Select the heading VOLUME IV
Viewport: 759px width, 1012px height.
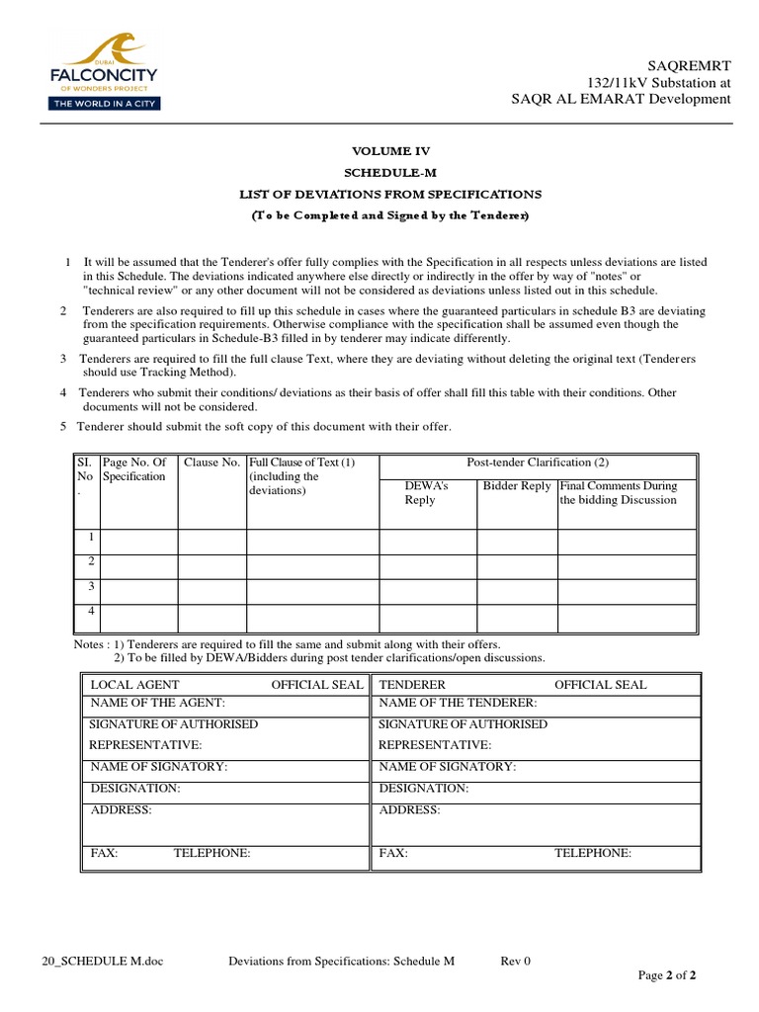pos(392,151)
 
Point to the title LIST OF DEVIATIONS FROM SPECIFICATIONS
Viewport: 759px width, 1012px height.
pos(392,194)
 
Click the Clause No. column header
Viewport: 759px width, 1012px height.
pos(212,463)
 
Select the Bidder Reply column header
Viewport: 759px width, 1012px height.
pos(516,486)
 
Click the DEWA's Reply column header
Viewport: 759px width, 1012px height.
pos(427,493)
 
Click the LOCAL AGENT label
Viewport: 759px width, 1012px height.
pos(135,685)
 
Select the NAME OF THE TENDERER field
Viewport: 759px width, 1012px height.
pos(459,703)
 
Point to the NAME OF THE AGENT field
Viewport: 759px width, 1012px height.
pos(158,703)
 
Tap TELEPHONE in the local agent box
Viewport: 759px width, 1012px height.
pos(211,853)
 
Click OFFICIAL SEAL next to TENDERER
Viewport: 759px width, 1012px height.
pos(600,685)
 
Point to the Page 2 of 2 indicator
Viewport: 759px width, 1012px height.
pos(667,976)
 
